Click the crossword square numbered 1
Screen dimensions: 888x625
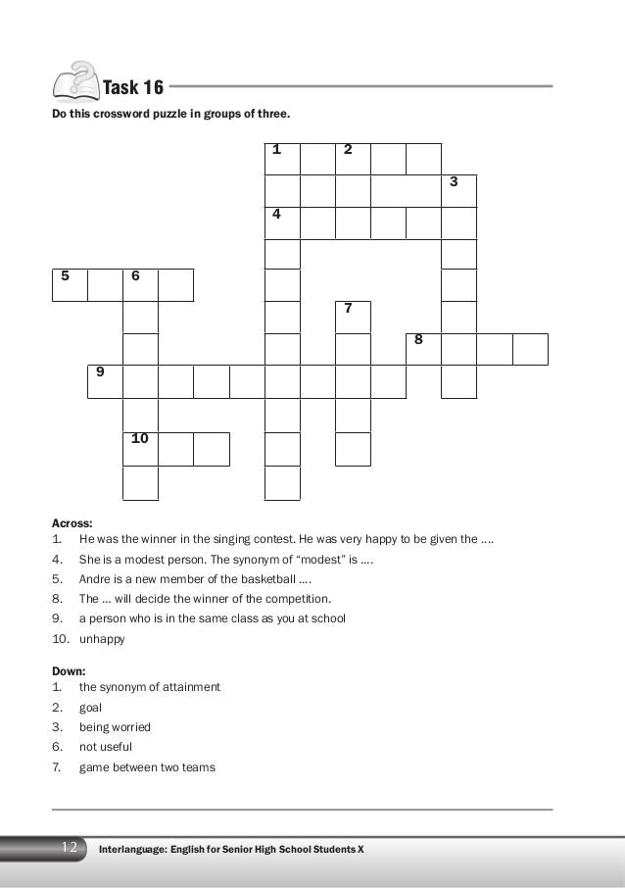[x=282, y=159]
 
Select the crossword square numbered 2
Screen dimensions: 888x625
[x=353, y=159]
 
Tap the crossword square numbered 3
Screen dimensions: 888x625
[x=458, y=191]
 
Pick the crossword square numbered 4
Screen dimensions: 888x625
[x=282, y=222]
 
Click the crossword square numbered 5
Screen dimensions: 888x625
[x=70, y=284]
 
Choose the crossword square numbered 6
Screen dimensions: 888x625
[x=140, y=284]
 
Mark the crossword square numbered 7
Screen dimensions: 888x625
[x=353, y=318]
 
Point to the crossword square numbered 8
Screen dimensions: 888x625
[x=423, y=349]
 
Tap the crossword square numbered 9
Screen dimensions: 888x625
[x=105, y=381]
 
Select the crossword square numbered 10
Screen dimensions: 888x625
[x=140, y=448]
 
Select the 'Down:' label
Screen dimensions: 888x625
[x=68, y=670]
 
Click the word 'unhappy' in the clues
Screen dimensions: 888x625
[x=102, y=639]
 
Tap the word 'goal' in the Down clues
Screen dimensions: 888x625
[x=90, y=707]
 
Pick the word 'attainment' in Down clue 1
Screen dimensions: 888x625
[x=193, y=687]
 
